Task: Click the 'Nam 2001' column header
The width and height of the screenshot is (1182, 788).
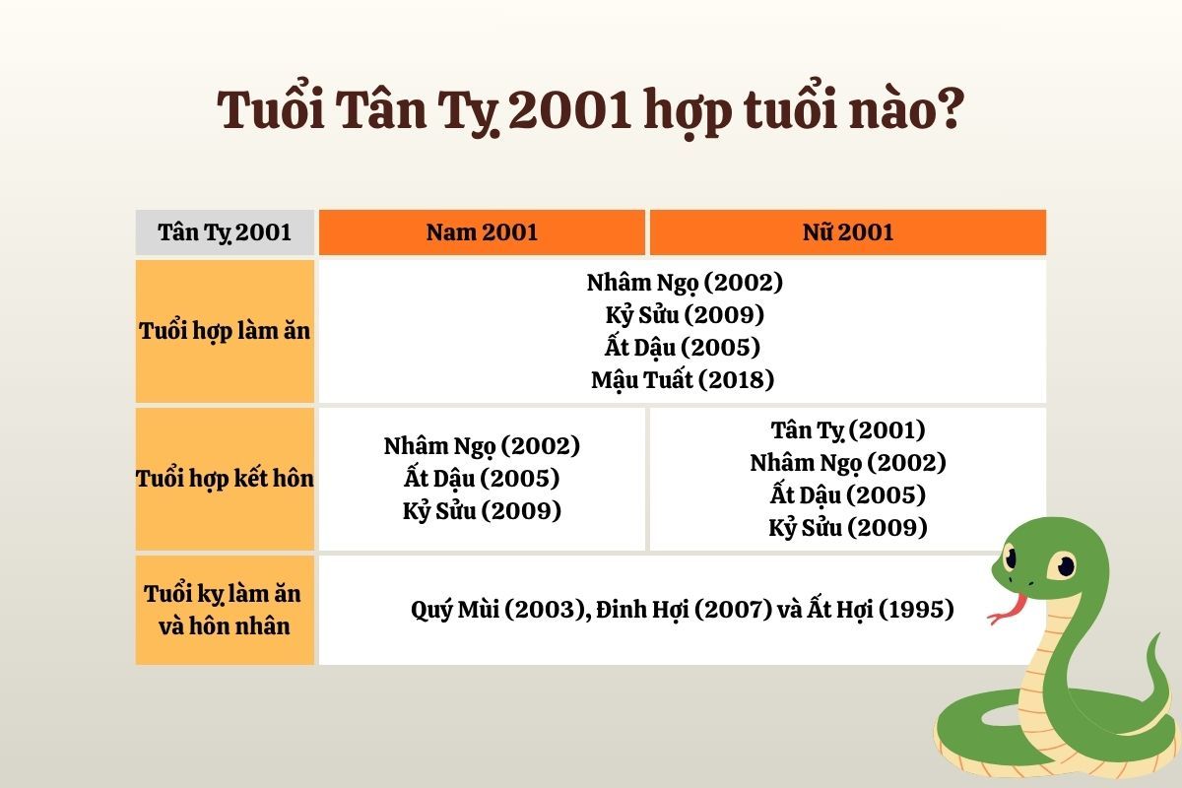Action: tap(482, 232)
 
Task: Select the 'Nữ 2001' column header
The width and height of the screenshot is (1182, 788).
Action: tap(847, 232)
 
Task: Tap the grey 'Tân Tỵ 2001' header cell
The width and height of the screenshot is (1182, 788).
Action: tap(225, 232)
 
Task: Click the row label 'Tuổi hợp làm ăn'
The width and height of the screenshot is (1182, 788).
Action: tap(225, 330)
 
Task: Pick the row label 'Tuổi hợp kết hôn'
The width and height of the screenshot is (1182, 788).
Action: tap(225, 479)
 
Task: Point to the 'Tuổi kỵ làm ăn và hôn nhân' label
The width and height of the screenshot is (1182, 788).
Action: tap(224, 609)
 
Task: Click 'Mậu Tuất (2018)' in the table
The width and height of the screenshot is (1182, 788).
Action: tap(683, 379)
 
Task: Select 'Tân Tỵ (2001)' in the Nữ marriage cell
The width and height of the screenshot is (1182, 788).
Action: tap(847, 430)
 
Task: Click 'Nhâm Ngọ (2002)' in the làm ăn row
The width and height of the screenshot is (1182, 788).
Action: tap(685, 283)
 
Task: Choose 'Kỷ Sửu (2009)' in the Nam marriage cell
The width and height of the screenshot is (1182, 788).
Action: tap(482, 511)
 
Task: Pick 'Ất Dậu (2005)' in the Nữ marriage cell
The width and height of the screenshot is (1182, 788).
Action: tap(847, 494)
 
